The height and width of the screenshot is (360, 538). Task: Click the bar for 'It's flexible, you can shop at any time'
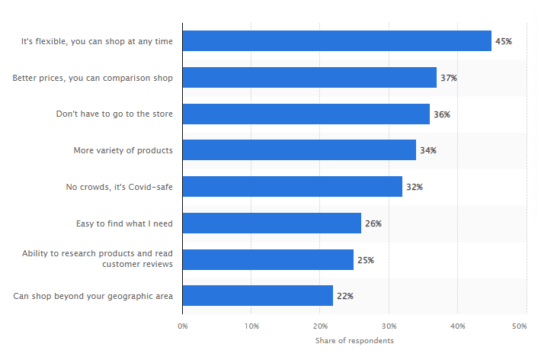337,41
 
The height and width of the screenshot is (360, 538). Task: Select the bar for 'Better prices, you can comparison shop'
309,77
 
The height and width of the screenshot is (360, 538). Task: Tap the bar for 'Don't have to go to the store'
306,114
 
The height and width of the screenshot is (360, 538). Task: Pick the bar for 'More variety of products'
299,150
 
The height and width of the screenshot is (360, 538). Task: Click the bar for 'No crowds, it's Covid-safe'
292,186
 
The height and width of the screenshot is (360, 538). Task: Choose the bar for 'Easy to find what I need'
271,223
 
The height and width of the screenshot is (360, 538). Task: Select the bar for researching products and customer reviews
268,259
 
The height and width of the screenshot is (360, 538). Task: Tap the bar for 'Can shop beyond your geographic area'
258,295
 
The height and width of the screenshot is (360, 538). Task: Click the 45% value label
504,41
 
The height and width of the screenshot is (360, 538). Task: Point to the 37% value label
449,77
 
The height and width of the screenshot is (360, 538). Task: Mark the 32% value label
415,186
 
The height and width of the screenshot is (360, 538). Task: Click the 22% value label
346,295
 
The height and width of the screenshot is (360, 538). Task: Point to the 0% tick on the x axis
183,326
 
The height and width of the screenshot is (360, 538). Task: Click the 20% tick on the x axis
320,326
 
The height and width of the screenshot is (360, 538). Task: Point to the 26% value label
373,223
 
